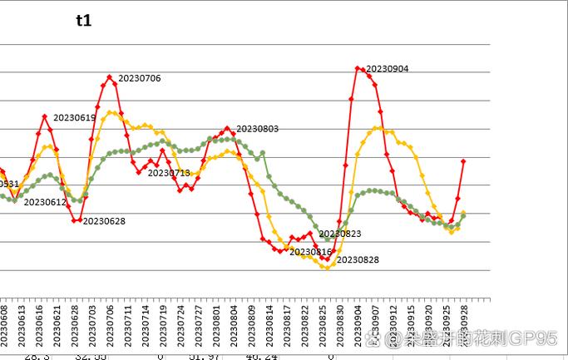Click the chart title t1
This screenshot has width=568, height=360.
[x=83, y=22]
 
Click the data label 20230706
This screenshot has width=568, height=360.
[x=140, y=78]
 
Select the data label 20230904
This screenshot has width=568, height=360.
[x=388, y=69]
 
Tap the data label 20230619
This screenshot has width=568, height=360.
[x=74, y=118]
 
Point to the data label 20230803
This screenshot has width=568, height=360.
[x=258, y=129]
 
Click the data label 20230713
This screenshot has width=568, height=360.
[x=169, y=173]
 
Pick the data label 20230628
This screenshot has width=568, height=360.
[x=105, y=221]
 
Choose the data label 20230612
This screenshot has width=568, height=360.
[x=45, y=202]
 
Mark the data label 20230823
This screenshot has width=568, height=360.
[x=340, y=234]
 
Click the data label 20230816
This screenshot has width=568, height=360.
[x=311, y=251]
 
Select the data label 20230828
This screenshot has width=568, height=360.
[x=358, y=260]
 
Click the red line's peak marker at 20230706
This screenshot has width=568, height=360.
[x=110, y=77]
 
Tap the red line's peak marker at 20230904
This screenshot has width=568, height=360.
[x=358, y=68]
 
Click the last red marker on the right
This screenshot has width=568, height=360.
[x=463, y=160]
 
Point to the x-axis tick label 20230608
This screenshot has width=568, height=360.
[x=4, y=325]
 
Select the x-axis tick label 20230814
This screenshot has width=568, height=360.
[x=269, y=325]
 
